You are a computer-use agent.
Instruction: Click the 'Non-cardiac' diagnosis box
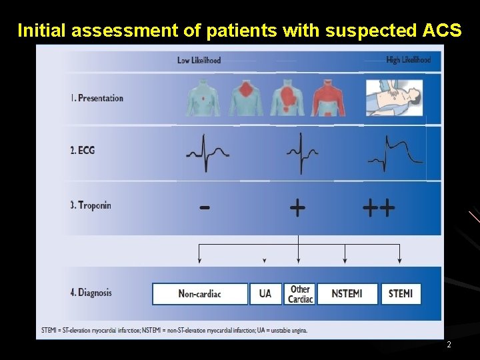[200, 294]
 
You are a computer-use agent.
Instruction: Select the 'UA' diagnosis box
[265, 294]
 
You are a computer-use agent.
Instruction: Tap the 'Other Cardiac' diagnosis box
[300, 294]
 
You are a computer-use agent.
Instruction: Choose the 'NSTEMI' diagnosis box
[347, 294]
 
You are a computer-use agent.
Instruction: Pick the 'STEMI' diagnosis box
[401, 294]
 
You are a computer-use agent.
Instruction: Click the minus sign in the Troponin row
[205, 208]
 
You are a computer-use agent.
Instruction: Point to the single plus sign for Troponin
[297, 208]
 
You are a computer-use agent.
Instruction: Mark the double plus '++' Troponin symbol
[379, 208]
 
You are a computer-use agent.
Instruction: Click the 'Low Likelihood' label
[199, 61]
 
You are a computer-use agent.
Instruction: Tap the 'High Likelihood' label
[408, 60]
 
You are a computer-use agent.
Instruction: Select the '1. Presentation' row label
[97, 98]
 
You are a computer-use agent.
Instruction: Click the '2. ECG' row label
[83, 151]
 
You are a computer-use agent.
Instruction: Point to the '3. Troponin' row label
[91, 205]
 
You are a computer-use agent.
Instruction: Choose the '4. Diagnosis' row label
[91, 292]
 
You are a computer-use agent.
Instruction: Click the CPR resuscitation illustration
[394, 98]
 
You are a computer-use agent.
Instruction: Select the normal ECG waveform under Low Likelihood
[207, 153]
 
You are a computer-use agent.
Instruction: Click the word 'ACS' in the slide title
[442, 31]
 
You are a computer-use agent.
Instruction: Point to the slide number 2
[449, 345]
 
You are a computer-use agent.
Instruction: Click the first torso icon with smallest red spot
[203, 99]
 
